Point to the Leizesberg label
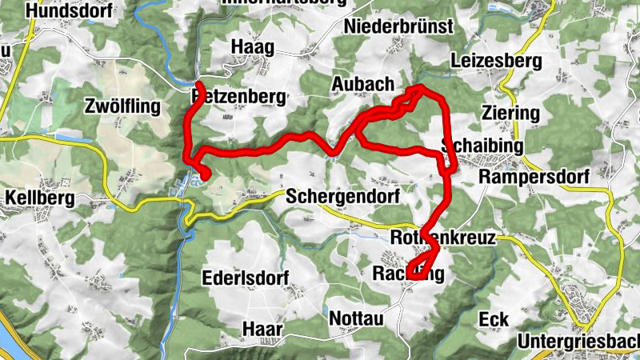coord(496,61)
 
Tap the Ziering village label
coord(511,113)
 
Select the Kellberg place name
coord(39,197)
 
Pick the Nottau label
coord(357,318)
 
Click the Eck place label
coord(494,319)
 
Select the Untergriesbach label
coord(578,342)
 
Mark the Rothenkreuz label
coord(444,238)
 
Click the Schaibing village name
coord(482,146)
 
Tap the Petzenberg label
coord(239,97)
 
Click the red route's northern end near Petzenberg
coord(198,84)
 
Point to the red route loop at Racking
coord(422,264)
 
